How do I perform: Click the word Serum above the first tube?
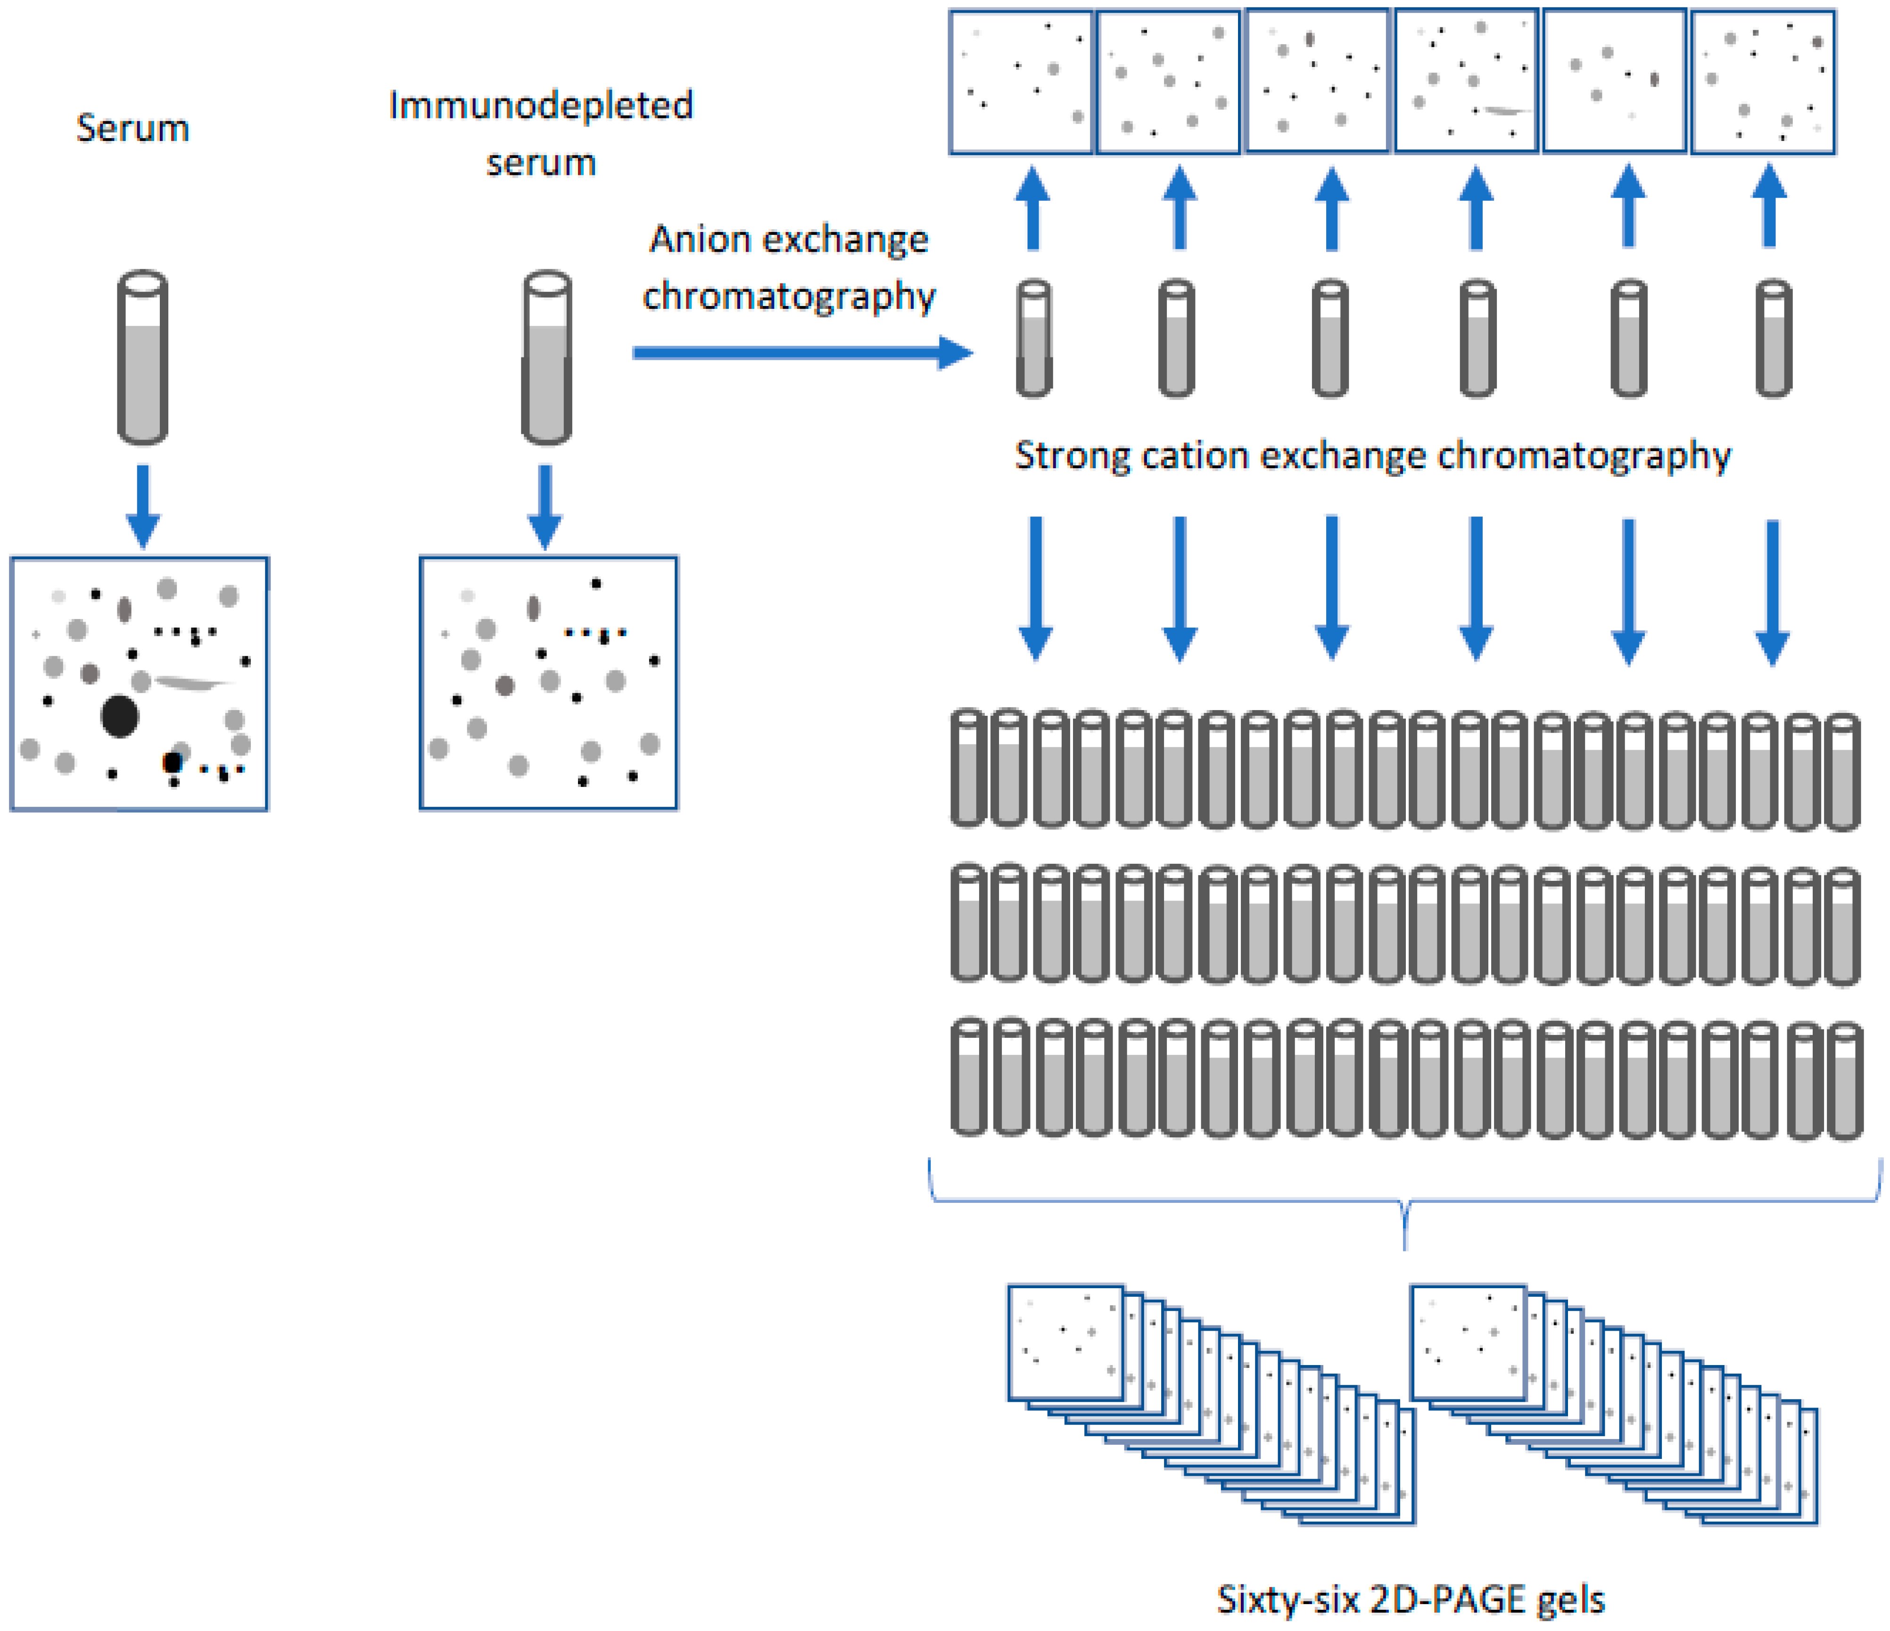pos(132,128)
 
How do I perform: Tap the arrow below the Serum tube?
pos(142,506)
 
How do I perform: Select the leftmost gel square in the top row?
pos(1021,81)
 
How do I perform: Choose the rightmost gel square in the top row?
pos(1763,81)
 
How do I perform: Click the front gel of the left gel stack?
pos(1065,1342)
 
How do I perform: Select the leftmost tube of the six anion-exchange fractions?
pos(1033,338)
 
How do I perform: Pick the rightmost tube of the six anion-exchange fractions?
pos(1773,338)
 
